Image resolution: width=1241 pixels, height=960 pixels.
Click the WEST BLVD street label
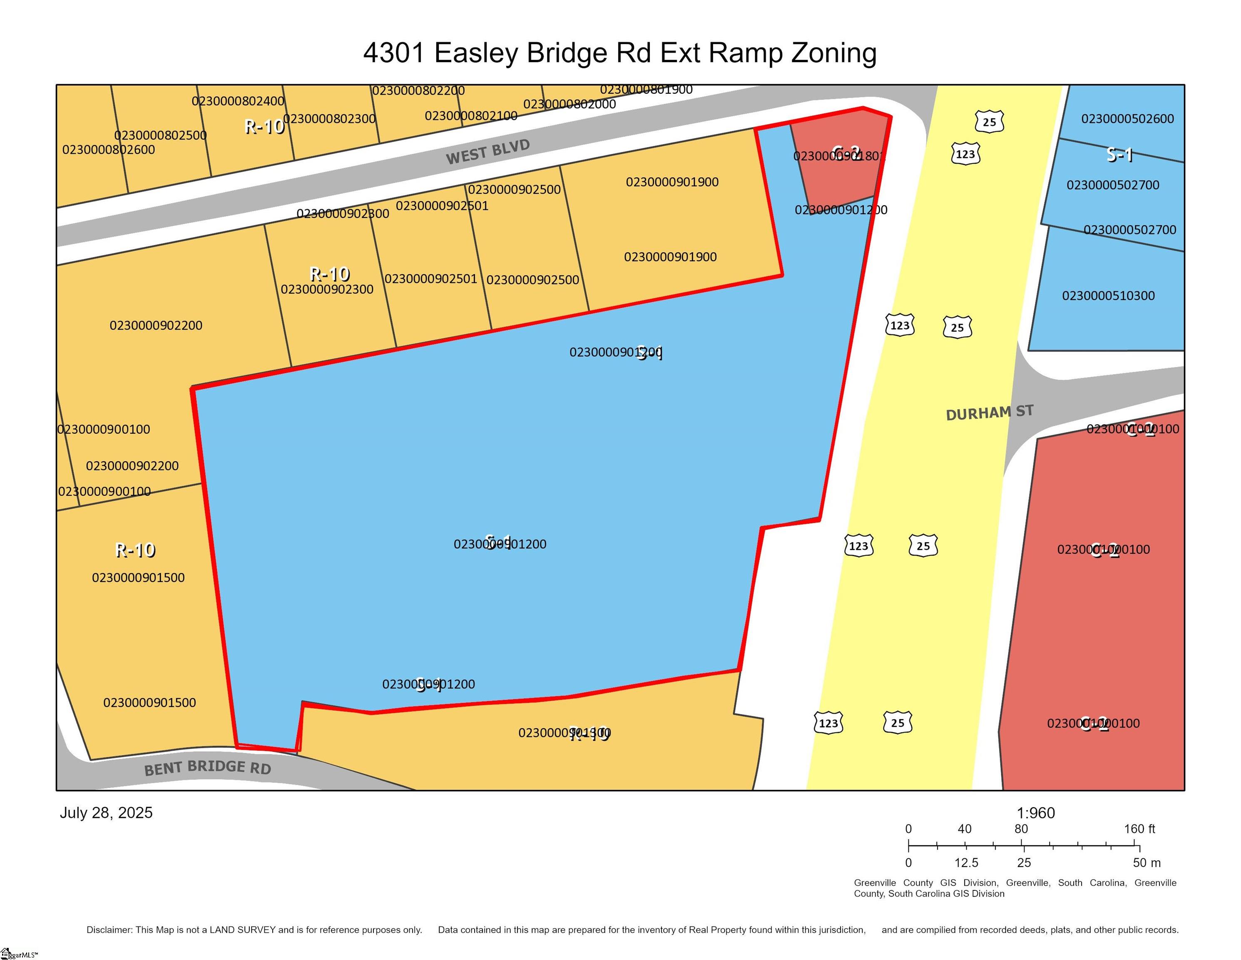click(x=487, y=152)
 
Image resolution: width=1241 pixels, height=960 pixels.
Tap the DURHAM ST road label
click(x=989, y=413)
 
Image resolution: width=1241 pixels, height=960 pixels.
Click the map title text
click(x=620, y=53)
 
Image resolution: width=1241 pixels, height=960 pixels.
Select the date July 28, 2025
click(x=106, y=812)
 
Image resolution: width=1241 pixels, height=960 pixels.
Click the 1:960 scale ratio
click(x=1035, y=812)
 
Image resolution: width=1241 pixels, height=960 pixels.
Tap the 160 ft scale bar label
click(x=1139, y=829)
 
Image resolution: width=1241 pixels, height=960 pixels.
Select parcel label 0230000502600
click(x=1127, y=119)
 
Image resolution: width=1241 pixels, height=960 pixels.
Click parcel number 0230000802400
click(x=238, y=101)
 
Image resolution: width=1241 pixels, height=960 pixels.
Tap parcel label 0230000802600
click(x=108, y=150)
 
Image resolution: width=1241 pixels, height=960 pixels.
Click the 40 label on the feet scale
click(x=964, y=829)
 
